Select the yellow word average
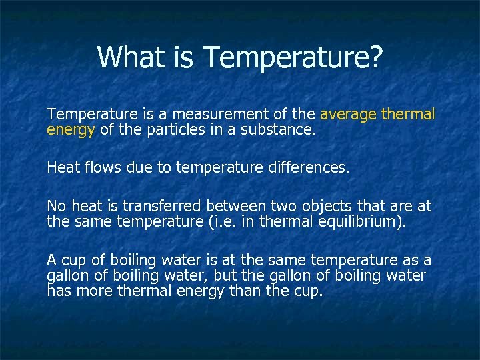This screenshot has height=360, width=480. (349, 115)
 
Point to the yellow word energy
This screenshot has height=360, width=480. (71, 130)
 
